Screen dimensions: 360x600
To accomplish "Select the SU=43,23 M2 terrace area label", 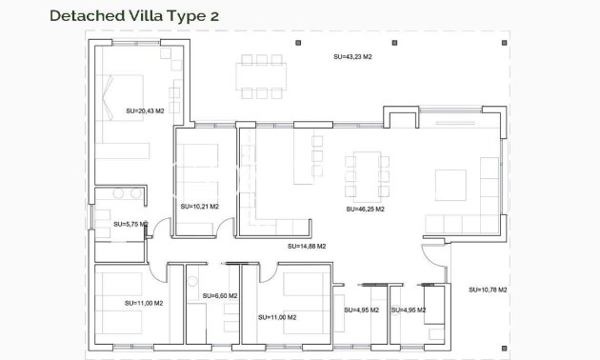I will pos(352,57).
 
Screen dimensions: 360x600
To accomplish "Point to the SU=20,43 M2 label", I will pos(145,111).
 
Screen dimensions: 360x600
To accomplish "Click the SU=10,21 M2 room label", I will pos(199,206).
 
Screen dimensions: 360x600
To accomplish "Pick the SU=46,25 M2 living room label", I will pos(366,208).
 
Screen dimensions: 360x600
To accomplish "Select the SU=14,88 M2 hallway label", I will pos(307,246).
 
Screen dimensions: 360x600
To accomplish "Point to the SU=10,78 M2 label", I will pos(488,290).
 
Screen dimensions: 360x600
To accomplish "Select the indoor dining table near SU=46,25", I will pos(366,174).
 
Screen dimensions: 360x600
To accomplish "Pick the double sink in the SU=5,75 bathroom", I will pos(124,193).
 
